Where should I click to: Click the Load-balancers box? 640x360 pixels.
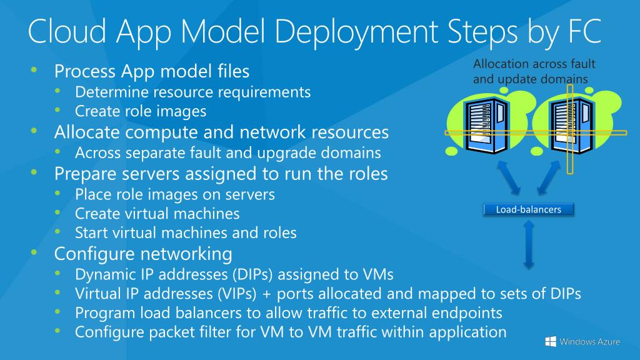528,209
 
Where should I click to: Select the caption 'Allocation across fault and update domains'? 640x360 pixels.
534,71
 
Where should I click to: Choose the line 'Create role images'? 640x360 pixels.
141,111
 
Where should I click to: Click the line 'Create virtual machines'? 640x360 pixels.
157,213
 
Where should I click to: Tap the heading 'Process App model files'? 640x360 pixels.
152,71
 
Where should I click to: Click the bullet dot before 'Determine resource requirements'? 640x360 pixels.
58,91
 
